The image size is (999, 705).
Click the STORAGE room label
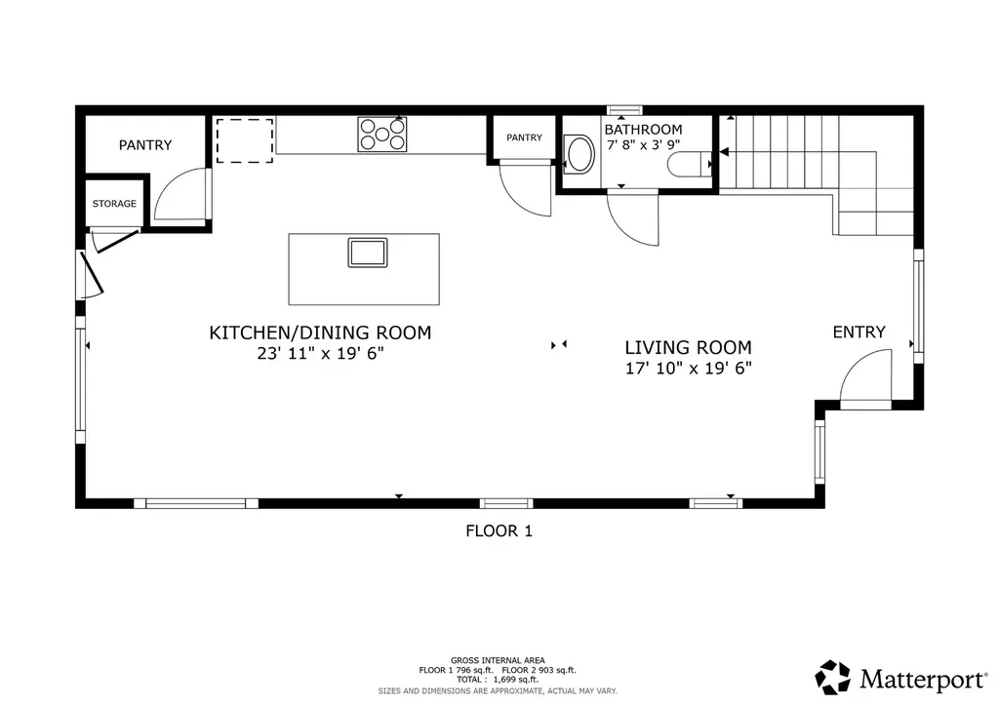click(x=114, y=204)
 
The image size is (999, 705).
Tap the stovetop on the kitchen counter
click(x=382, y=135)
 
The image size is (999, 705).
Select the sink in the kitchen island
click(x=368, y=253)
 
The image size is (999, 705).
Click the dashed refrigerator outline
click(x=245, y=140)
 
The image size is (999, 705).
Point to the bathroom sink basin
click(x=579, y=154)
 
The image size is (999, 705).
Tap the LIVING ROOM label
click(x=688, y=348)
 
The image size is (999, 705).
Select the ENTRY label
click(x=859, y=332)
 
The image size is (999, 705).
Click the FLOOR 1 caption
click(x=499, y=530)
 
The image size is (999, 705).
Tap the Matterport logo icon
click(x=833, y=678)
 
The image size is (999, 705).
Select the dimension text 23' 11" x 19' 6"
click(x=320, y=353)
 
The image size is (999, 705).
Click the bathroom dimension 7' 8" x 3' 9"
click(x=644, y=145)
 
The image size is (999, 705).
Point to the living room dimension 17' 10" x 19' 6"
click(x=689, y=369)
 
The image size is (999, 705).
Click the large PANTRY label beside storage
click(x=145, y=145)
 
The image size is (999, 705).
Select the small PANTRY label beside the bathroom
click(x=524, y=137)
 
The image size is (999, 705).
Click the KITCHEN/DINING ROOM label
click(x=320, y=333)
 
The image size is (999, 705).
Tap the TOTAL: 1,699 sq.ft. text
click(x=498, y=680)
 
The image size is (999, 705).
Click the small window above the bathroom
click(x=624, y=110)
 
